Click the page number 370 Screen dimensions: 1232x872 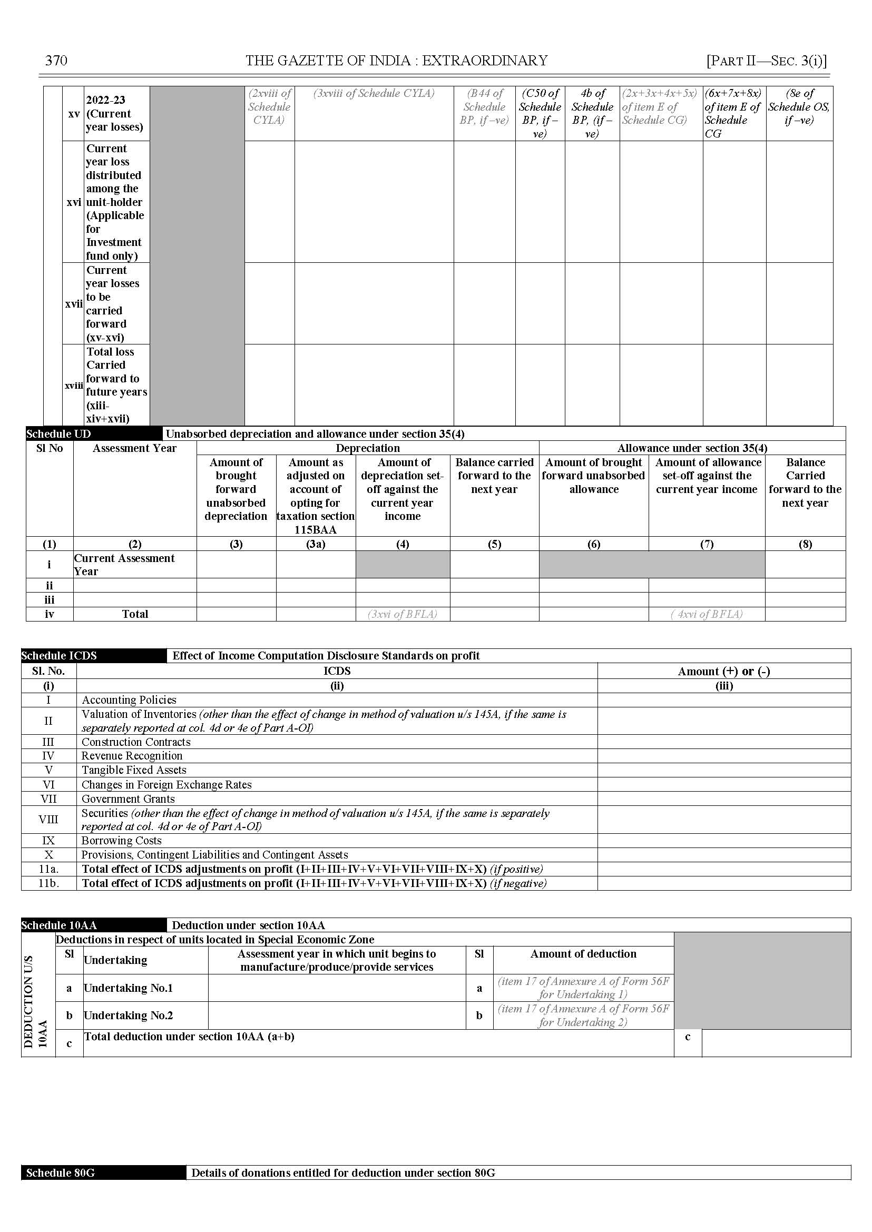pos(56,61)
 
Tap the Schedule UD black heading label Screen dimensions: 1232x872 pos(58,433)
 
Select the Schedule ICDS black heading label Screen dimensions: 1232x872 pos(59,655)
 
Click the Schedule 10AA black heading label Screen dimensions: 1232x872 pos(59,925)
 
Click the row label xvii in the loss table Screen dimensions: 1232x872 pos(74,304)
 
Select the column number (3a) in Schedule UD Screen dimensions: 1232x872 pos(316,544)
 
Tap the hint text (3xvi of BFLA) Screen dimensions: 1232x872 pos(402,614)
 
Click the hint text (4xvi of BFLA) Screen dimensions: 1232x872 pos(707,614)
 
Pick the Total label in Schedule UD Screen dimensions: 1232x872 pos(135,614)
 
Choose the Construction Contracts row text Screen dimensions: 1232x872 pos(136,742)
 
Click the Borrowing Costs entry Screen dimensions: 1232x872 pos(121,841)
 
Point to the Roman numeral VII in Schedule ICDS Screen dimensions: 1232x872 pos(48,799)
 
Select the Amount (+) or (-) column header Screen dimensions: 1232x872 pos(724,671)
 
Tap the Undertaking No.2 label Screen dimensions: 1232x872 pos(129,1015)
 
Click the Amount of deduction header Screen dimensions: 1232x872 pos(583,954)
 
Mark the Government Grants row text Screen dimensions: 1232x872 pos(129,799)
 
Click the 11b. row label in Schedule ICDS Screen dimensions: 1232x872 pos(48,883)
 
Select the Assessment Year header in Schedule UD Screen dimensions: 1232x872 pos(134,448)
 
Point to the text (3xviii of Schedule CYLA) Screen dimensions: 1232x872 pos(374,93)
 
